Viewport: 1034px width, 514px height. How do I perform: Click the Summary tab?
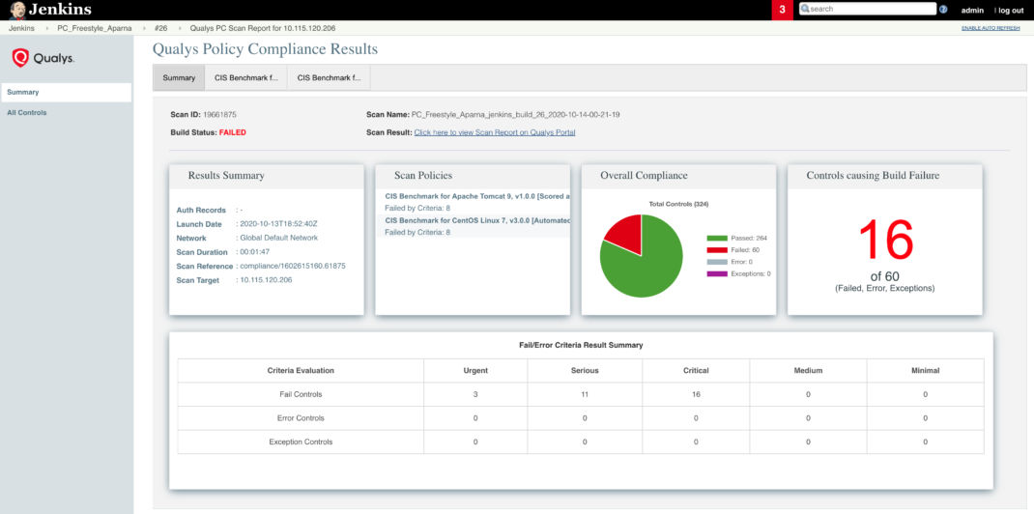[179, 77]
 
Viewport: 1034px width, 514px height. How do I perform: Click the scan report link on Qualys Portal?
[494, 132]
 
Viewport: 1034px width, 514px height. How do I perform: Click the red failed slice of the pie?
[623, 232]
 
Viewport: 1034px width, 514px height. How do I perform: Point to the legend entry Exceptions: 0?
[745, 273]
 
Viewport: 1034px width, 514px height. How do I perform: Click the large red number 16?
[885, 240]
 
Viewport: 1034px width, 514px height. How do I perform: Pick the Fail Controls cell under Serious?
[585, 394]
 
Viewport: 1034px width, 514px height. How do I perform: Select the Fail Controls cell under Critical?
[696, 394]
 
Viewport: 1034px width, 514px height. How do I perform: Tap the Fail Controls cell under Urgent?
[475, 394]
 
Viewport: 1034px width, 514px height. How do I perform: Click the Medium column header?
[808, 370]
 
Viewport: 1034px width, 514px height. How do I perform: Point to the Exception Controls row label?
[301, 442]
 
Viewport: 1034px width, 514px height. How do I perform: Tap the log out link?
[1011, 10]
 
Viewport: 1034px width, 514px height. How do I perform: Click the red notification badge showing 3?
[783, 10]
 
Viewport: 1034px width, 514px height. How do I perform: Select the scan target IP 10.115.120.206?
[266, 280]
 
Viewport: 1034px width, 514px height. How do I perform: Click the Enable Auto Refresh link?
[991, 28]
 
